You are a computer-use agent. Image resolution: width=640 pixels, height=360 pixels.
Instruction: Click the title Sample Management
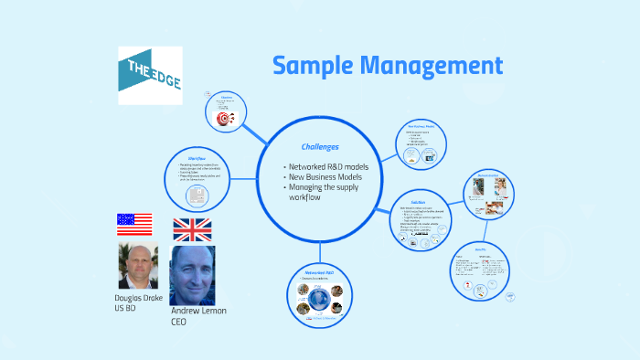tap(387, 66)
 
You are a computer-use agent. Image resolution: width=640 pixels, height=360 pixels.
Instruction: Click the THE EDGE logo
tap(150, 75)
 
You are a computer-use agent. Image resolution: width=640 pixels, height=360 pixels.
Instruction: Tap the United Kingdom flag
tap(192, 229)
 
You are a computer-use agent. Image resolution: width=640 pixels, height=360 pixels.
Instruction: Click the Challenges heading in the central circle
tap(320, 146)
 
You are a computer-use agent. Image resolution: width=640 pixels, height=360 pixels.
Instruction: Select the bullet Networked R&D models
tap(327, 166)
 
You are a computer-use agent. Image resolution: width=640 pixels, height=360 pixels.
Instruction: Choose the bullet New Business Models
tap(325, 176)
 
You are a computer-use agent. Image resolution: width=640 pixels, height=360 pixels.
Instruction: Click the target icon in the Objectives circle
tap(224, 119)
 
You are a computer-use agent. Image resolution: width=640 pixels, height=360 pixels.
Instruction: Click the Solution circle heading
tap(418, 202)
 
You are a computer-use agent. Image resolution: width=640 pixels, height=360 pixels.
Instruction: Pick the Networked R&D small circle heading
tap(319, 273)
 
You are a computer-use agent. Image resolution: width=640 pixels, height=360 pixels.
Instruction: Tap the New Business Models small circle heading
tap(428, 125)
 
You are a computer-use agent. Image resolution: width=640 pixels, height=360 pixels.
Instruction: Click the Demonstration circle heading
tap(485, 174)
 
